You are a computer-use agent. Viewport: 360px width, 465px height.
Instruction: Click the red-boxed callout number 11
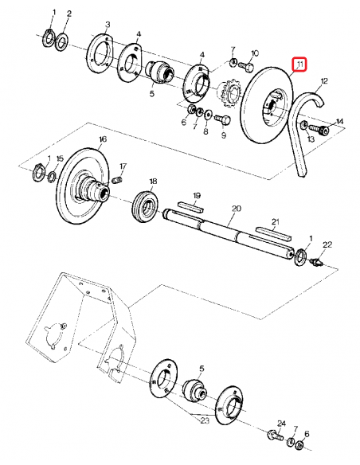point(299,64)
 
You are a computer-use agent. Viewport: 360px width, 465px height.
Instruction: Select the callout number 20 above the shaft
point(236,208)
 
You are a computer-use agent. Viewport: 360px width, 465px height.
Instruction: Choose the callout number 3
point(108,26)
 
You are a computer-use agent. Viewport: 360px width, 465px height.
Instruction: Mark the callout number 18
point(153,182)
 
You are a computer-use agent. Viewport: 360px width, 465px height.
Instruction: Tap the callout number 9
point(224,136)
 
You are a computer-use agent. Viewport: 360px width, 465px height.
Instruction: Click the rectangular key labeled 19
point(191,205)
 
